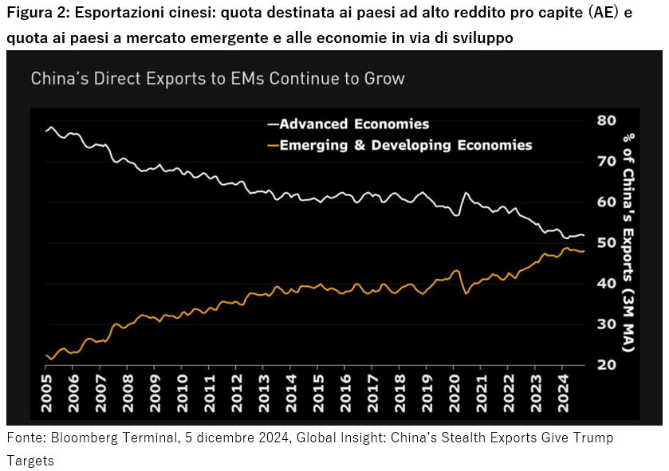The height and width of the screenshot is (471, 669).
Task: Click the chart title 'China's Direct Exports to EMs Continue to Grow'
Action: (217, 78)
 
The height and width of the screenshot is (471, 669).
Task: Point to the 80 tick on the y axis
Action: (606, 120)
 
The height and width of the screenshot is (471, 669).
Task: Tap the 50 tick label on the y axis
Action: (606, 242)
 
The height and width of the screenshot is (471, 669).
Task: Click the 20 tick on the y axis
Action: (606, 365)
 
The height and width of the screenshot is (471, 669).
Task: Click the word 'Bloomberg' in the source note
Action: (81, 438)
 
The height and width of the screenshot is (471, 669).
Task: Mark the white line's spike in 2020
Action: (465, 193)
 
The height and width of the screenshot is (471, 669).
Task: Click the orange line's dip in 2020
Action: (465, 293)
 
